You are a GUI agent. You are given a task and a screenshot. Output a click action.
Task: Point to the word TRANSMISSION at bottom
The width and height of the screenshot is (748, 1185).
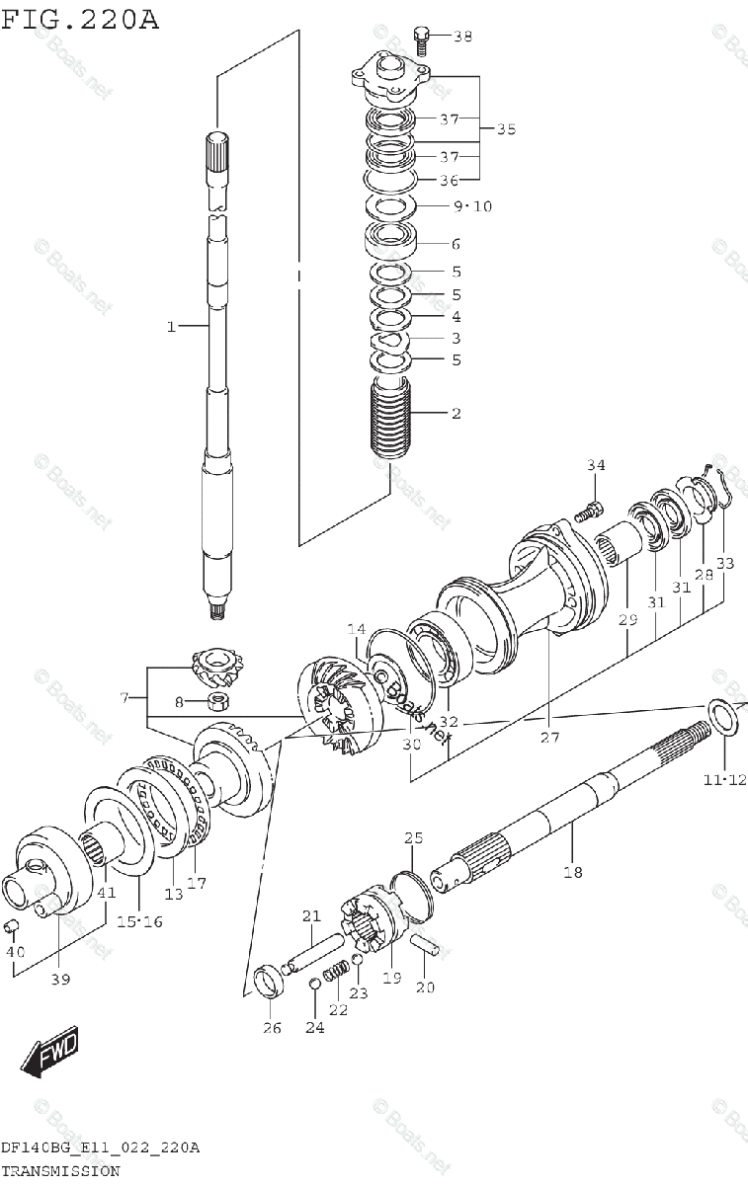tap(60, 1171)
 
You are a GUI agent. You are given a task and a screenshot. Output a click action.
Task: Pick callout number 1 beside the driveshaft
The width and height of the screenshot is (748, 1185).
tap(170, 326)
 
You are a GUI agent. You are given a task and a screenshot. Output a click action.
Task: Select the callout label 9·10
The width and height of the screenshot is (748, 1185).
tap(471, 206)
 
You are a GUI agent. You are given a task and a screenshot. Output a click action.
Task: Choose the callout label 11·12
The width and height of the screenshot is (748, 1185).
tap(723, 780)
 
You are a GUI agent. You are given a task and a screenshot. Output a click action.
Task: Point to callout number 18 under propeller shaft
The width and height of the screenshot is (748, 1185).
tap(573, 871)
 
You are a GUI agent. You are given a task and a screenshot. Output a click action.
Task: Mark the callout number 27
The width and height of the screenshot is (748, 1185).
tap(549, 737)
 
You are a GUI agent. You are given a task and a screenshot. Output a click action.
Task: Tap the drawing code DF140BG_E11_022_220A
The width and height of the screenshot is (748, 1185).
tap(100, 1147)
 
